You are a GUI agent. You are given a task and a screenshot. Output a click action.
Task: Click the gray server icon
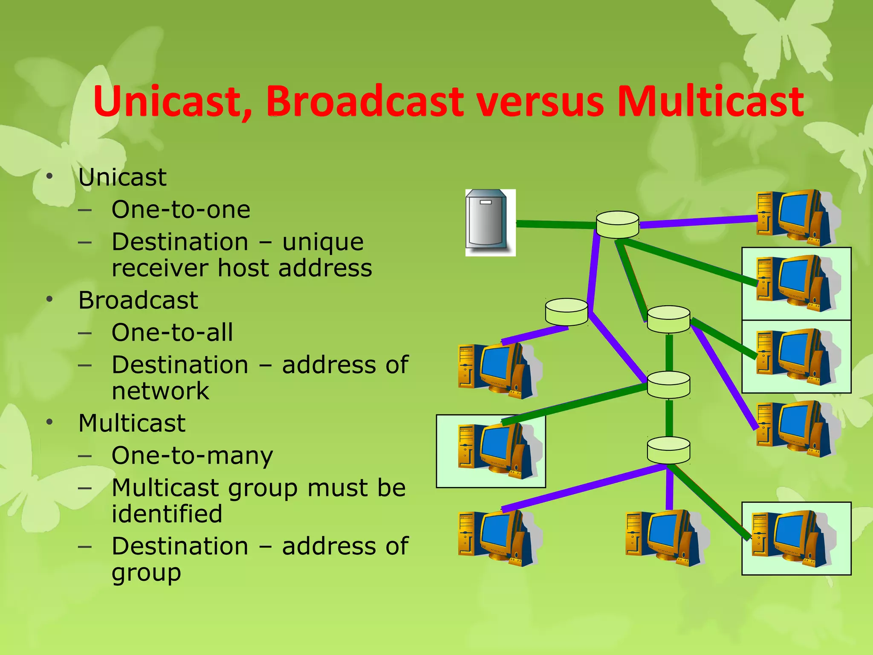point(490,223)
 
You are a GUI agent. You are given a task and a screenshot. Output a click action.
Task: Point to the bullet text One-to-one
point(181,209)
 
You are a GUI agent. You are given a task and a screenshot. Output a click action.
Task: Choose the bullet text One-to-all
point(172,332)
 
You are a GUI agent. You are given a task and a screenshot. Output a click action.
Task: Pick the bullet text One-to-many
point(192,455)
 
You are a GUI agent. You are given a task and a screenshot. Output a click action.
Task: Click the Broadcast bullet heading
point(138,300)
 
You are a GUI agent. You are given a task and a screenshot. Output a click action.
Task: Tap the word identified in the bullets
point(167,513)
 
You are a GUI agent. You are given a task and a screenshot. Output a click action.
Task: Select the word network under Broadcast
point(160,391)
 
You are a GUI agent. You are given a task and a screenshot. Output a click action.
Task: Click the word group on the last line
point(146,573)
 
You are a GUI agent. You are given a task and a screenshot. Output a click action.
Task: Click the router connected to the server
point(617,224)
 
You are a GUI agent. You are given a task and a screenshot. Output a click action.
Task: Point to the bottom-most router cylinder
point(668,450)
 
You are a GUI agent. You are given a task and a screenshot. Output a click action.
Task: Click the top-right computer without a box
point(795,217)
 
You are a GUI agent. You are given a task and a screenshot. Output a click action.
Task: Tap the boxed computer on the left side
point(494,450)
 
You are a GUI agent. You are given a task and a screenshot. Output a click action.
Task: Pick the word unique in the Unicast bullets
point(323,242)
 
